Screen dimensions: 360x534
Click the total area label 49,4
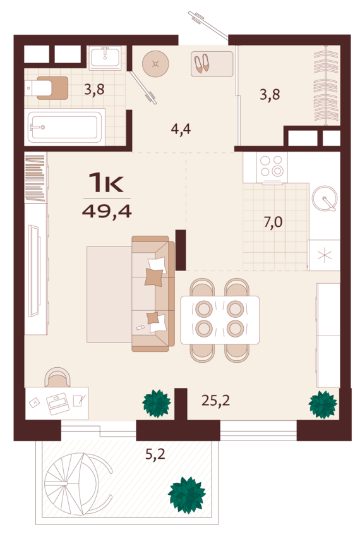click(x=107, y=212)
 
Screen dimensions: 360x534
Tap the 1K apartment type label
click(x=106, y=182)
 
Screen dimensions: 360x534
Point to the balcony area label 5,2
click(x=155, y=454)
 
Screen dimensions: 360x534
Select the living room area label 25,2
click(x=215, y=401)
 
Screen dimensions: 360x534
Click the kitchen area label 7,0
click(x=273, y=222)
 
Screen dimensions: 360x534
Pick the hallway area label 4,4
click(x=181, y=129)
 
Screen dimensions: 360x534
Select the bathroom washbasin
click(x=105, y=58)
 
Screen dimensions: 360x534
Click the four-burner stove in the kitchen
click(x=272, y=167)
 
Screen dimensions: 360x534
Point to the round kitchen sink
click(x=325, y=198)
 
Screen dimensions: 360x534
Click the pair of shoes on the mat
click(x=201, y=63)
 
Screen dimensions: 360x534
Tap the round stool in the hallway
click(x=155, y=64)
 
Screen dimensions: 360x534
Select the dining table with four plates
click(x=220, y=319)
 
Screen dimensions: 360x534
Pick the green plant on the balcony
click(x=187, y=495)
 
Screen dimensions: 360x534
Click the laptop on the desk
click(x=57, y=404)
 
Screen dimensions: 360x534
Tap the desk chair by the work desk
click(x=57, y=377)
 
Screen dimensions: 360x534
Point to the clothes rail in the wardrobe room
click(x=326, y=85)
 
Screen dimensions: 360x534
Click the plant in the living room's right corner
click(x=323, y=404)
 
